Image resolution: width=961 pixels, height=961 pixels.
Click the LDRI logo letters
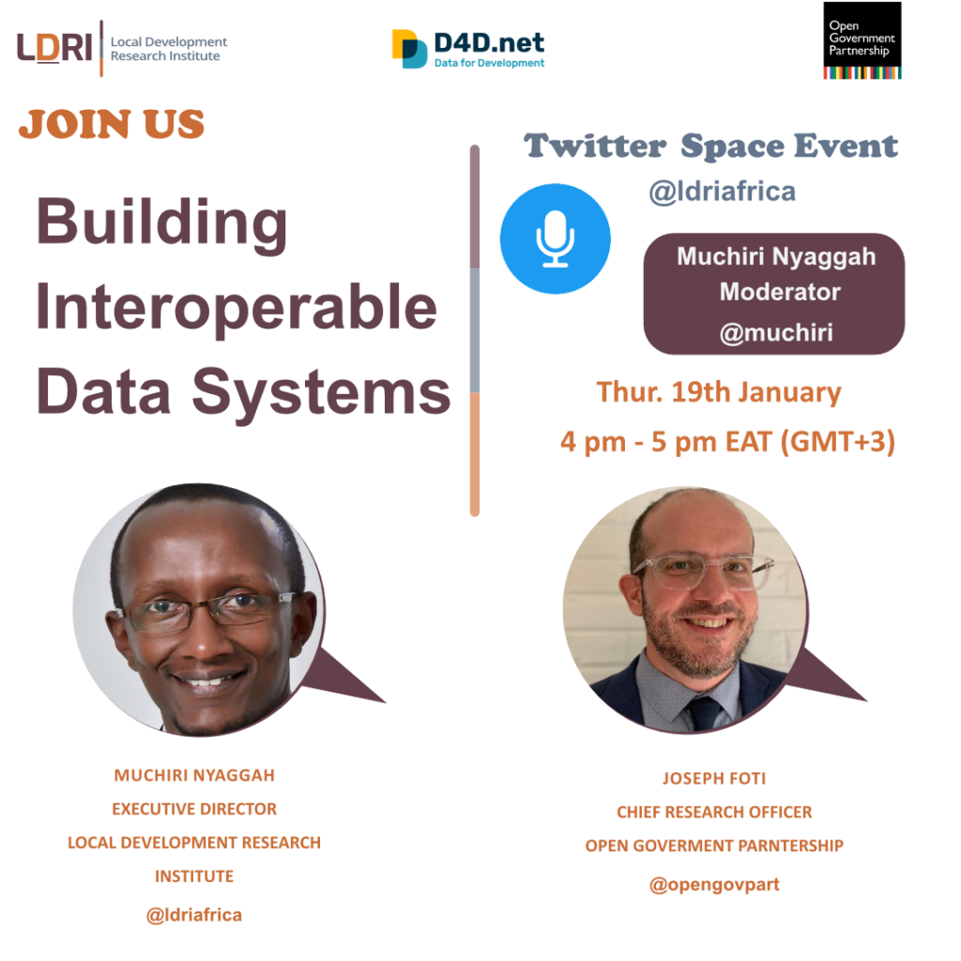tap(54, 48)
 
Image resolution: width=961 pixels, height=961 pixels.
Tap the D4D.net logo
tap(468, 49)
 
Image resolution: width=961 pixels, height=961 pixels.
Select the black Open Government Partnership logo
tap(862, 40)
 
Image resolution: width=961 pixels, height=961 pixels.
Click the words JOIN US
tap(112, 124)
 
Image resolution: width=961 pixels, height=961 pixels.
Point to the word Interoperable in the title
tap(236, 309)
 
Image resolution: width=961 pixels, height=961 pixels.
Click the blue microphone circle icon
tap(556, 238)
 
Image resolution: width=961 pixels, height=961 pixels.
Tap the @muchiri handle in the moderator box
tap(776, 333)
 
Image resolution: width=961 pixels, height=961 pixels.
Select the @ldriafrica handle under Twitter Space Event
tap(722, 191)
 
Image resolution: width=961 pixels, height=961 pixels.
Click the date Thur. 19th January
tap(718, 393)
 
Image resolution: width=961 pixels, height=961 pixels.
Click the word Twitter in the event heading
tap(594, 145)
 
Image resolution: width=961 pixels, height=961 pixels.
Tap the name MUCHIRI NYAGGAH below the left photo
tap(194, 775)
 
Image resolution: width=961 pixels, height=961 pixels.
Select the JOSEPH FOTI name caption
tap(714, 778)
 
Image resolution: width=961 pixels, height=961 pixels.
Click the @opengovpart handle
tap(714, 884)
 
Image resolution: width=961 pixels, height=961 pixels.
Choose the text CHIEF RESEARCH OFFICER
tap(714, 812)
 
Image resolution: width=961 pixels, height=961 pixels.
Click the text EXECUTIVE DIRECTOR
tap(194, 809)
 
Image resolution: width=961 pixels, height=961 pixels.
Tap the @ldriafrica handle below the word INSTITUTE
tap(193, 915)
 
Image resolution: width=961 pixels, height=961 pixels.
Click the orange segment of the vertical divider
tap(474, 454)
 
